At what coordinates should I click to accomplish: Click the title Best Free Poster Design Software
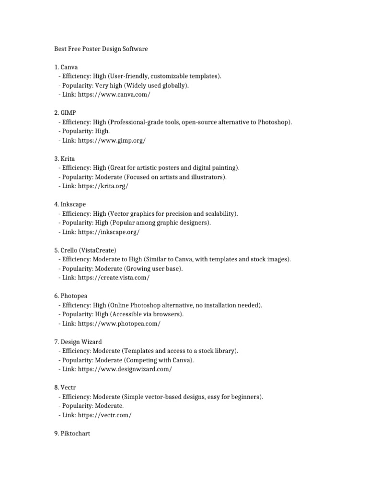(100, 49)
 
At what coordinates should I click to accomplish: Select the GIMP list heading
(69, 113)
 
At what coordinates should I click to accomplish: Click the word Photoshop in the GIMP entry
(273, 122)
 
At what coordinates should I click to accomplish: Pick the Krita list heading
(68, 158)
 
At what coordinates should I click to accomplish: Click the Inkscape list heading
(73, 204)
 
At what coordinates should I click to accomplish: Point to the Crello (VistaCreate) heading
(89, 250)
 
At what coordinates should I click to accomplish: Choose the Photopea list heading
(74, 296)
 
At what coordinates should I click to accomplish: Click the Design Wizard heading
(81, 342)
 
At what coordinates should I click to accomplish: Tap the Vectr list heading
(68, 388)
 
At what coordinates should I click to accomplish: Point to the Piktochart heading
(75, 434)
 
